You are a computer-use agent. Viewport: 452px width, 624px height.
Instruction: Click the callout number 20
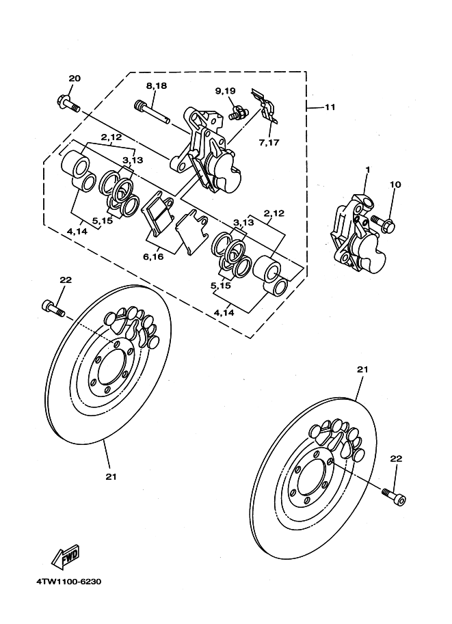click(x=75, y=79)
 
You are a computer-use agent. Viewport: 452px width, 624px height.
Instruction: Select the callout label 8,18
click(x=156, y=85)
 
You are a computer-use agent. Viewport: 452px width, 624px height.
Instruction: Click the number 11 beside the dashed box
click(x=330, y=107)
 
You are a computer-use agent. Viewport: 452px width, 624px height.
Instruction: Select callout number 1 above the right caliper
click(x=367, y=169)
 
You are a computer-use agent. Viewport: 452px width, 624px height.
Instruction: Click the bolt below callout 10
click(x=382, y=221)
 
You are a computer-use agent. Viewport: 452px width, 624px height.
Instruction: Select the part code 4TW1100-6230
click(x=69, y=582)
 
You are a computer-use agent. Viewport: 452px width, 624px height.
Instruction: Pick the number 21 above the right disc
click(x=362, y=369)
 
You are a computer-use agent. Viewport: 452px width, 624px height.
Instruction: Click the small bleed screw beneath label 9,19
click(x=236, y=113)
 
